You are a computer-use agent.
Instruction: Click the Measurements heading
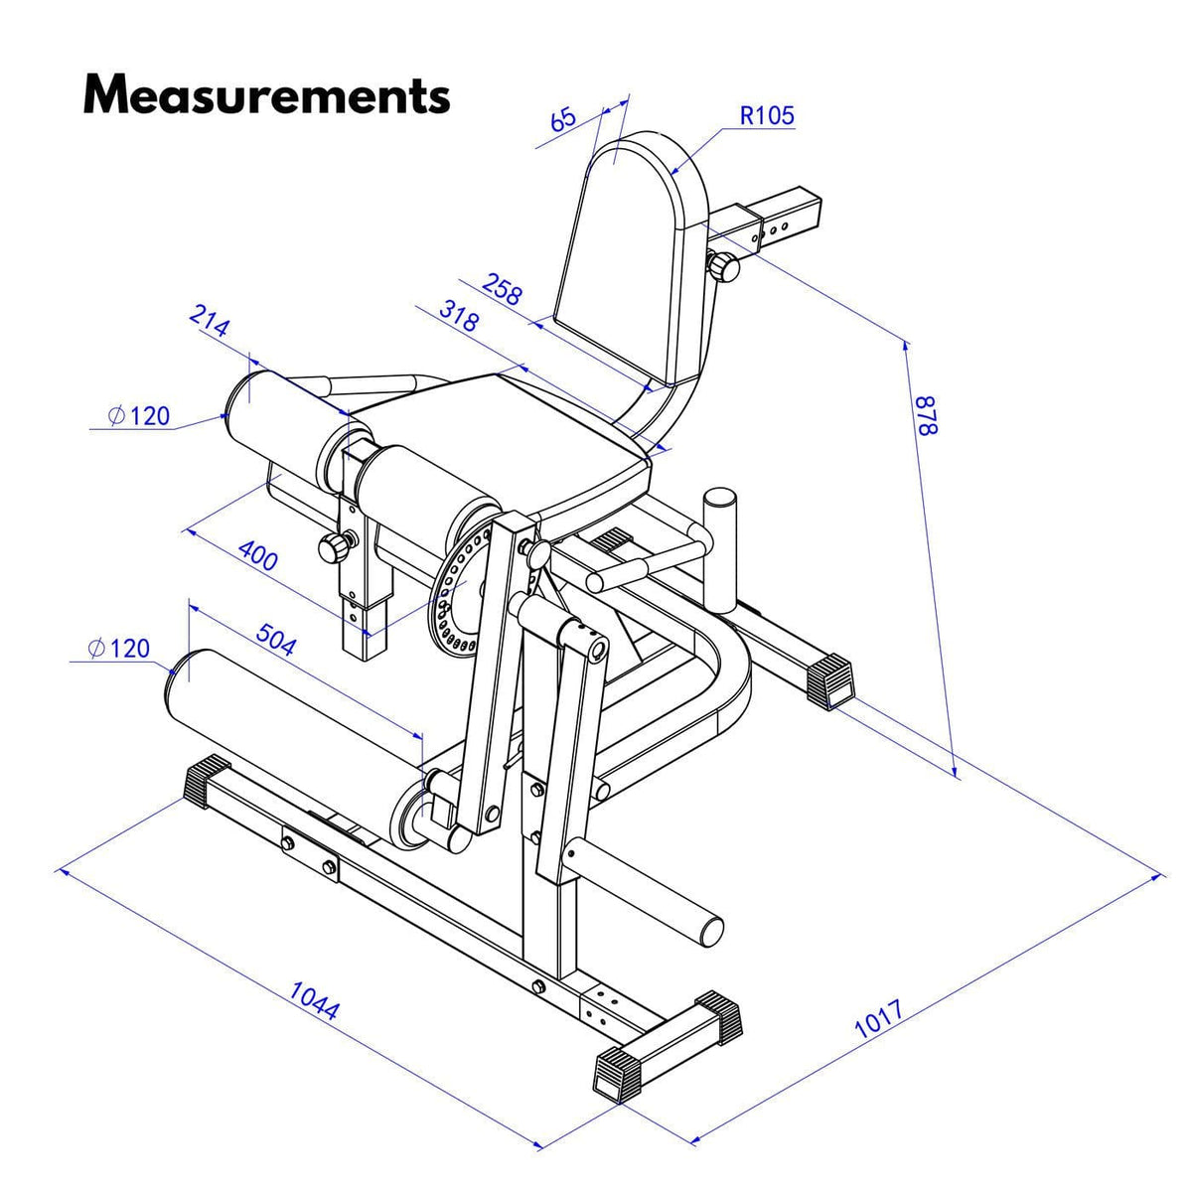coord(266,95)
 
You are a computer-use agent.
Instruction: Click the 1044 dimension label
coord(315,999)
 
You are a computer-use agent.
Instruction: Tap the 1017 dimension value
coord(879,1019)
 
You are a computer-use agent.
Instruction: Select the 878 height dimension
coord(925,415)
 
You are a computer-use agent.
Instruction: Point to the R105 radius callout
coord(767,115)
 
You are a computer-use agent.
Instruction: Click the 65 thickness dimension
coord(562,119)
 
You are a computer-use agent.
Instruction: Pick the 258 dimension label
coord(502,288)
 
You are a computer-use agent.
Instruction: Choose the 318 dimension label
coord(458,316)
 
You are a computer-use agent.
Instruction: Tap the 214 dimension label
coord(210,324)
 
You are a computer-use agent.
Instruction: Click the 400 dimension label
coord(258,558)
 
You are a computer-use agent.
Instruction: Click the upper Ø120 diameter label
coord(139,415)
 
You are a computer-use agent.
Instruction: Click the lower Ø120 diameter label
coord(118,649)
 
